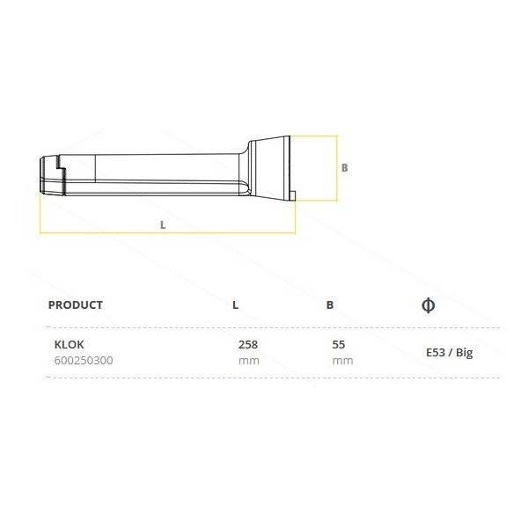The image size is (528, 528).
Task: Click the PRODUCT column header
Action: tap(76, 304)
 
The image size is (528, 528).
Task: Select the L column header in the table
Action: tap(235, 305)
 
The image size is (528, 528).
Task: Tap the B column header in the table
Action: tap(330, 305)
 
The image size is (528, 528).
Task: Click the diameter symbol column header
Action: tap(429, 305)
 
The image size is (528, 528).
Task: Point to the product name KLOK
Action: tap(69, 344)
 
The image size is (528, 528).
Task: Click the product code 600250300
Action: tap(84, 361)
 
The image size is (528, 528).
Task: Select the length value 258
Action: tap(248, 344)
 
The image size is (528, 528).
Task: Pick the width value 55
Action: tap(339, 344)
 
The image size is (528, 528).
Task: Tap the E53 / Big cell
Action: tap(450, 353)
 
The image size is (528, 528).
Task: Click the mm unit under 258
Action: tap(249, 361)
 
